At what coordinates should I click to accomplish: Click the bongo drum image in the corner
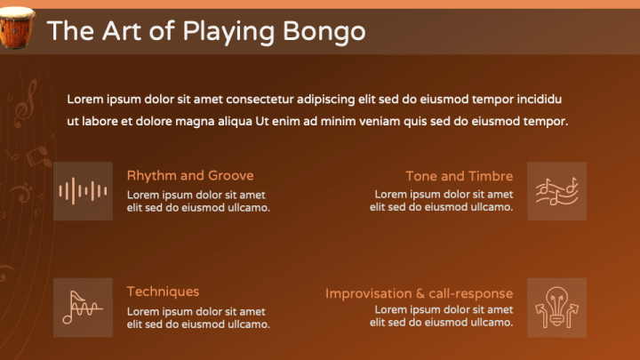pyautogui.click(x=17, y=28)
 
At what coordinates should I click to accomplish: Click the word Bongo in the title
pyautogui.click(x=324, y=31)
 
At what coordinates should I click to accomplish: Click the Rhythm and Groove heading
pyautogui.click(x=190, y=175)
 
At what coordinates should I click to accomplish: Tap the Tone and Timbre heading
pyautogui.click(x=459, y=175)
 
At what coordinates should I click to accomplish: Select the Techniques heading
pyautogui.click(x=163, y=291)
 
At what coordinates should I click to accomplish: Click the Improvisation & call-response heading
pyautogui.click(x=419, y=292)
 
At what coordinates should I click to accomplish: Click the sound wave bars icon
pyautogui.click(x=83, y=190)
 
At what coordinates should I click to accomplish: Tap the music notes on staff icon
pyautogui.click(x=556, y=190)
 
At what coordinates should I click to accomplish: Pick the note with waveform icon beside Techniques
pyautogui.click(x=83, y=307)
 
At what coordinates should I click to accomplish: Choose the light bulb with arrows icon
pyautogui.click(x=556, y=307)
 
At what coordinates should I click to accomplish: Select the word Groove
pyautogui.click(x=230, y=175)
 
